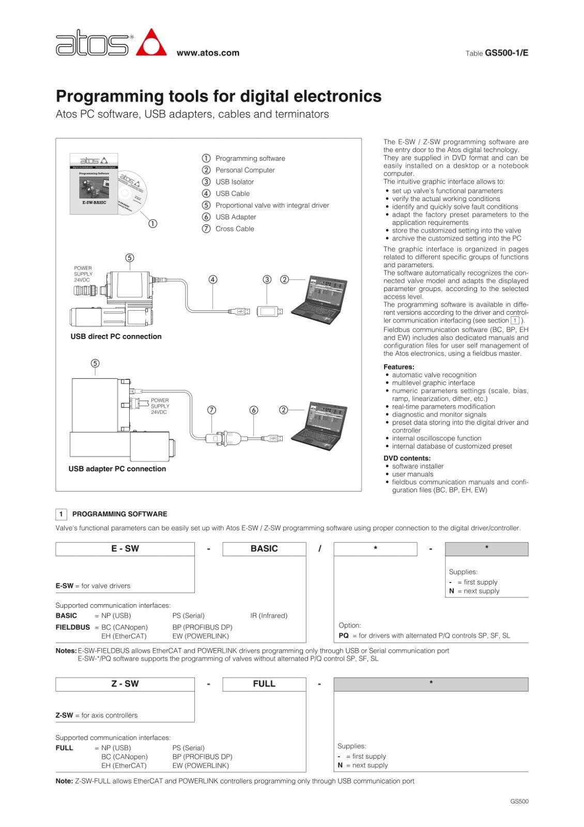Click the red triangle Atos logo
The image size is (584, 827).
point(151,43)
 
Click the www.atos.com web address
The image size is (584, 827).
point(208,53)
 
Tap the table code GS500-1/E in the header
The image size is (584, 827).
point(506,53)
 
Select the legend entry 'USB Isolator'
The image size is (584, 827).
point(234,182)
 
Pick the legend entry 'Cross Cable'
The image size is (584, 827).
point(234,229)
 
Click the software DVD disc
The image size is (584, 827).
point(132,193)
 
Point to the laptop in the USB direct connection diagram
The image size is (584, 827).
point(318,299)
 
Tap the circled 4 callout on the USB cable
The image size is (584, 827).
point(213,280)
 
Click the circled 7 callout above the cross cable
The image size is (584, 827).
point(211,410)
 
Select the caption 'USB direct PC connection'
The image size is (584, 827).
point(116,336)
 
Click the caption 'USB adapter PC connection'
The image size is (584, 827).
point(117,469)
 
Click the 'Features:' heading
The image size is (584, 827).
point(398,367)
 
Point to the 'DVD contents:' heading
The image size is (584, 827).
point(407,458)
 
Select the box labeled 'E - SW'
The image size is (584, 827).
point(125,549)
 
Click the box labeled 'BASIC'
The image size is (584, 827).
point(264,549)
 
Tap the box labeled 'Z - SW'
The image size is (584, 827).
point(125,684)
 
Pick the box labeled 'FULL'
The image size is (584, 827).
point(264,684)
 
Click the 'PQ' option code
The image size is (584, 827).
point(344,636)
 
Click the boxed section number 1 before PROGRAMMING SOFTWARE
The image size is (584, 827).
point(61,514)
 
